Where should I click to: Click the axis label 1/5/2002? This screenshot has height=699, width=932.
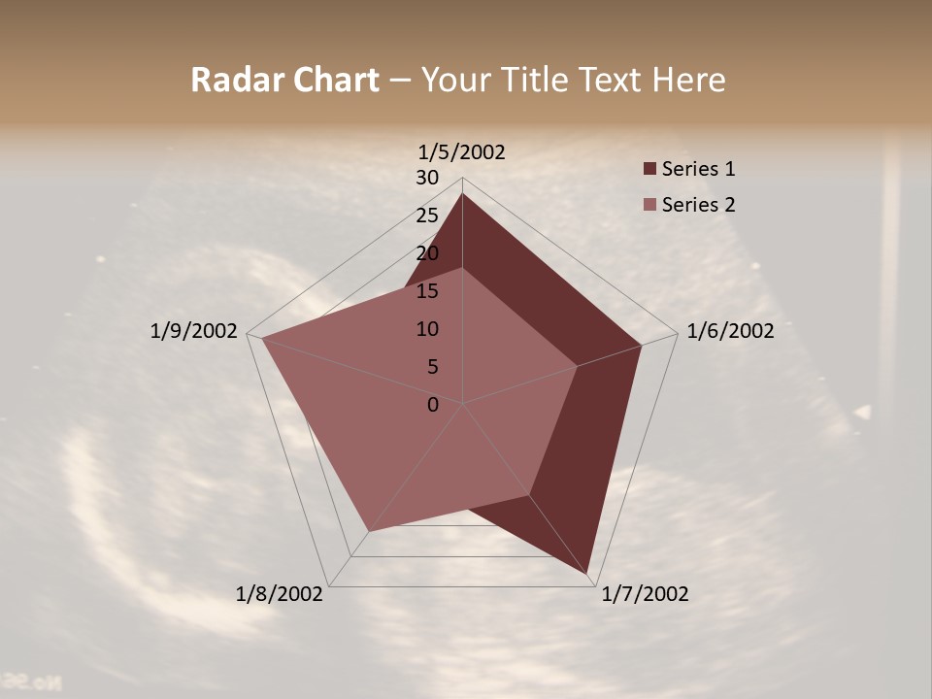point(461,151)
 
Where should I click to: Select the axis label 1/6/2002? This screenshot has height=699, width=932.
point(730,331)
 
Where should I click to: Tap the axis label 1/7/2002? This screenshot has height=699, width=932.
point(645,593)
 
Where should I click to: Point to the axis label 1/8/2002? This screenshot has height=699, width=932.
point(280,593)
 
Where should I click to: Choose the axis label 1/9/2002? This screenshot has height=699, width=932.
point(193,331)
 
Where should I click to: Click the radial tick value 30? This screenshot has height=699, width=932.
point(426,178)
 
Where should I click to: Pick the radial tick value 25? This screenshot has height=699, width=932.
point(426,216)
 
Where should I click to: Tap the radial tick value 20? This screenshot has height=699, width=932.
point(426,253)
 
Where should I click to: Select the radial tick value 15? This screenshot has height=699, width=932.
point(426,291)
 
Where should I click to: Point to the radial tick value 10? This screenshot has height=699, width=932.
point(426,329)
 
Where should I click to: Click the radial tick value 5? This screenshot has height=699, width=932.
point(432,367)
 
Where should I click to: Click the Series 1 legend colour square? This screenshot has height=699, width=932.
point(649,169)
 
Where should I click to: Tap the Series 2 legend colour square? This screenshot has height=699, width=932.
point(649,205)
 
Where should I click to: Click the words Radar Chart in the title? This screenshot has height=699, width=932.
point(284,80)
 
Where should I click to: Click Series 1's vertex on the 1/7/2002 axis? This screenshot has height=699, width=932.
point(589,574)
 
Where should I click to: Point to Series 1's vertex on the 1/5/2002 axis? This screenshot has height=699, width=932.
point(462,194)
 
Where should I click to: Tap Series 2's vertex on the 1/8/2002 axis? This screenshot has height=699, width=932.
point(368,531)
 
